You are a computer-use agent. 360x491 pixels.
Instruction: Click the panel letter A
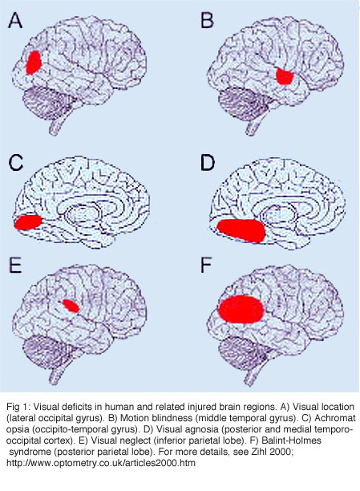point(15,21)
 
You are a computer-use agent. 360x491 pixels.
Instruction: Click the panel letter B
point(207,20)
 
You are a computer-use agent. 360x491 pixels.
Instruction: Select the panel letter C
point(16,163)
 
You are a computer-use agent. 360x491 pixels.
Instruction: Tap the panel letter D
point(208,163)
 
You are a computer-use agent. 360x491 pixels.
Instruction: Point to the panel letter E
point(15,266)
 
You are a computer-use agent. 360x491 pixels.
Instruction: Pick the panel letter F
point(207,266)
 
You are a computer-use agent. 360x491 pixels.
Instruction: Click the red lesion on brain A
point(34,63)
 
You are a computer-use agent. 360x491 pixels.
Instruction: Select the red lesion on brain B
point(285,76)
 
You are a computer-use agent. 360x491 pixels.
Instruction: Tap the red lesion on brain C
point(28,222)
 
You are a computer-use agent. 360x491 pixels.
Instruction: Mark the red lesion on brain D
point(241,230)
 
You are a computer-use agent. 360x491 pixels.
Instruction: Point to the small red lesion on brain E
point(71,306)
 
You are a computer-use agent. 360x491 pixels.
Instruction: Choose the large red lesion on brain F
point(241,309)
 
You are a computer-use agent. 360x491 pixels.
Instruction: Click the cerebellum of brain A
point(50,101)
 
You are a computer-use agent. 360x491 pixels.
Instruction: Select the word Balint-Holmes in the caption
point(291,440)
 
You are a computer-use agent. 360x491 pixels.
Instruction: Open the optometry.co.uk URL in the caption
point(101,463)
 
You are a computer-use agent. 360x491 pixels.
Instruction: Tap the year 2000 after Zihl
point(281,452)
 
